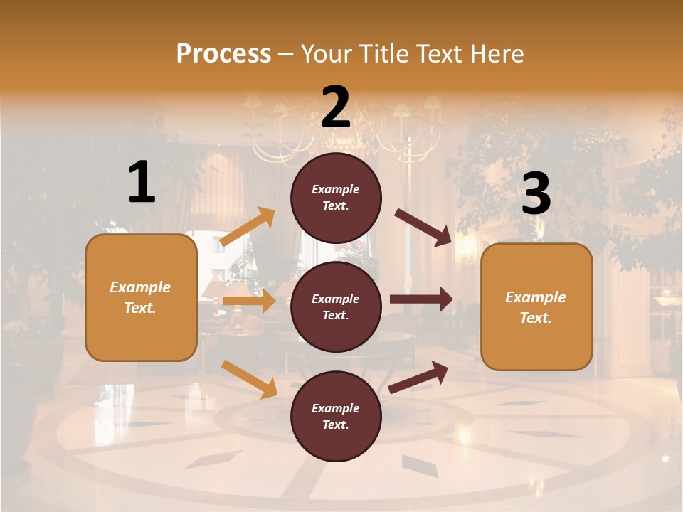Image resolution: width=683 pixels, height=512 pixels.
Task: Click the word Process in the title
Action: point(223,53)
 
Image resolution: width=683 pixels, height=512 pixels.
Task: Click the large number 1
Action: point(142,183)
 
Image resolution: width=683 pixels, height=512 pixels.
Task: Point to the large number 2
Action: point(336,107)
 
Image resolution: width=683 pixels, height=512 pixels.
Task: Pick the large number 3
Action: point(536,194)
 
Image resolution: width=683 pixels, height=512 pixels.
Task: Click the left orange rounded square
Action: point(141,297)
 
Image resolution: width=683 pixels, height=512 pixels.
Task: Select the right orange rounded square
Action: point(536,307)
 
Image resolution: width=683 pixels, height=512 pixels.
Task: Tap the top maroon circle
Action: point(336,198)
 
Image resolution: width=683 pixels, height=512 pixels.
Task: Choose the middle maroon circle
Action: point(336,306)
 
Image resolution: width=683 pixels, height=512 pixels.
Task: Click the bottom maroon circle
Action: point(336,416)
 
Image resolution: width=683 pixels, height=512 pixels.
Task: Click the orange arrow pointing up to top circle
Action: point(248,227)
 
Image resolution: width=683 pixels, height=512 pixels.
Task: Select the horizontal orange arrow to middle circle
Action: point(249,301)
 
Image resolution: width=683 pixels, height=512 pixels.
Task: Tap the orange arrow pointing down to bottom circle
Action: point(249,379)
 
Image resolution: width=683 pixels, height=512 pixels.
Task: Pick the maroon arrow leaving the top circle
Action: point(423,227)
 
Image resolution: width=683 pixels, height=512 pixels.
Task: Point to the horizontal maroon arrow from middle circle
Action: point(421,299)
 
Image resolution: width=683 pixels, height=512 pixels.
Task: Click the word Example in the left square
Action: point(140,287)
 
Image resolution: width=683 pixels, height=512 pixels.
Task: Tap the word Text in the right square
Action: point(535,318)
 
